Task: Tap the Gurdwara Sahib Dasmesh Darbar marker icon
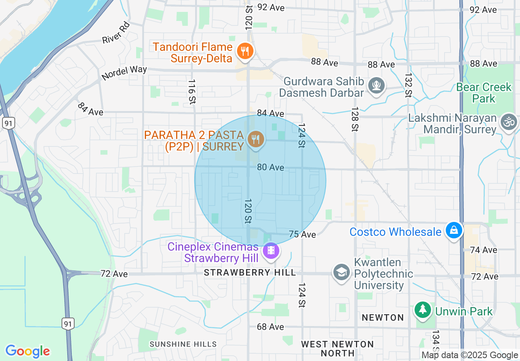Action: pyautogui.click(x=376, y=86)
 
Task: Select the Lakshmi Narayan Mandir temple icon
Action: pyautogui.click(x=509, y=122)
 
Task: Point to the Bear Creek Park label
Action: pyautogui.click(x=484, y=93)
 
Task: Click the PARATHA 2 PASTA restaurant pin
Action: pyautogui.click(x=255, y=139)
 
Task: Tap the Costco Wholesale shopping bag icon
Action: pyautogui.click(x=454, y=231)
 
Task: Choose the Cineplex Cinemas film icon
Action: pyautogui.click(x=271, y=250)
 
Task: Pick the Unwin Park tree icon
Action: pyautogui.click(x=422, y=311)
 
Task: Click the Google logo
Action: pyautogui.click(x=27, y=351)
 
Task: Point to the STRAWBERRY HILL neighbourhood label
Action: pyautogui.click(x=250, y=272)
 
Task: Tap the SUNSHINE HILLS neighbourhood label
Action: pyautogui.click(x=183, y=344)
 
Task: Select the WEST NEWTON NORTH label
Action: pyautogui.click(x=338, y=348)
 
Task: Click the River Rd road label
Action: pyautogui.click(x=116, y=33)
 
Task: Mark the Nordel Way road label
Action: pyautogui.click(x=124, y=73)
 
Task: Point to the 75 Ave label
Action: pyautogui.click(x=302, y=234)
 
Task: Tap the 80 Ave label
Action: pyautogui.click(x=271, y=167)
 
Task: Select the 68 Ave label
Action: pyautogui.click(x=270, y=327)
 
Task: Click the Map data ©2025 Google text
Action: pyautogui.click(x=470, y=355)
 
